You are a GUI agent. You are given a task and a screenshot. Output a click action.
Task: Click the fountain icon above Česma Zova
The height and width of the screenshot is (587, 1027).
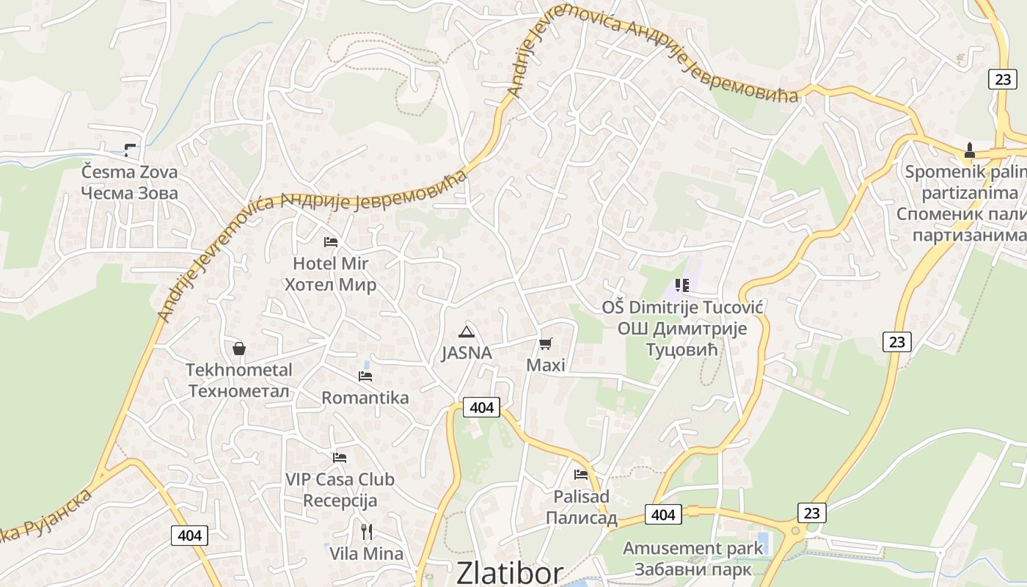click(130, 150)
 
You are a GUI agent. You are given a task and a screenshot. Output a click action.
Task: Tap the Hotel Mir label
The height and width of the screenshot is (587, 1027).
click(330, 263)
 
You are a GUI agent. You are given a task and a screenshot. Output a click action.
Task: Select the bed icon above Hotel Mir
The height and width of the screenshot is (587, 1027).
click(331, 241)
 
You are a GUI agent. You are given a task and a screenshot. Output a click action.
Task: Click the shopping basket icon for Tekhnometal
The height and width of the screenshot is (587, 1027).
click(238, 348)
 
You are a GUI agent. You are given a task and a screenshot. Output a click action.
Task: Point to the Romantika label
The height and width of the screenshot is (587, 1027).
click(365, 398)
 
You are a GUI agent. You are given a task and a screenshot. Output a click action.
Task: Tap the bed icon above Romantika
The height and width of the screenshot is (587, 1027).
click(365, 376)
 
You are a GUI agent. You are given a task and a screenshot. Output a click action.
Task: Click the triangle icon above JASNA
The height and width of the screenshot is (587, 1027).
click(467, 331)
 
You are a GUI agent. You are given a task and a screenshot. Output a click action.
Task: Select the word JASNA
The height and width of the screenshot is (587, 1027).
click(467, 353)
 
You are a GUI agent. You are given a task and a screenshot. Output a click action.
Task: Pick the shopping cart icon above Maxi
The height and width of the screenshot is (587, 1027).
click(545, 343)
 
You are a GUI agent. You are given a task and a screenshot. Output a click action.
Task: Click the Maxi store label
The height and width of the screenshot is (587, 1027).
click(546, 365)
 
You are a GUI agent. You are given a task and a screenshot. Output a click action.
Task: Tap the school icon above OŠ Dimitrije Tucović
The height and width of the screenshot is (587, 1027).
click(682, 285)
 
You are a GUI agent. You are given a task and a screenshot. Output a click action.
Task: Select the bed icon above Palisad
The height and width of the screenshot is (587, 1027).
click(581, 474)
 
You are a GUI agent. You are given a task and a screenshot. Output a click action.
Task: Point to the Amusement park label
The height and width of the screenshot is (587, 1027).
click(692, 548)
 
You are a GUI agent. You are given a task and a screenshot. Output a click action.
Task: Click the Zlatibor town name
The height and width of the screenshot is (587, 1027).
click(510, 572)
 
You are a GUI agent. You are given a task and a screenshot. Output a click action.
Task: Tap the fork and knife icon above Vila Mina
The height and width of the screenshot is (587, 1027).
click(366, 531)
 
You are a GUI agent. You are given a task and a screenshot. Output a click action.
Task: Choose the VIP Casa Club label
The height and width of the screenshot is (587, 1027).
click(340, 480)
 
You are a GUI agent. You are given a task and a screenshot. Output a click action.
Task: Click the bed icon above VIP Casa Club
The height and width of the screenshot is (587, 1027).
click(339, 457)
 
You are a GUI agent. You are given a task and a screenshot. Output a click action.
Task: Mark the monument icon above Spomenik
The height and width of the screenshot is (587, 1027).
click(970, 150)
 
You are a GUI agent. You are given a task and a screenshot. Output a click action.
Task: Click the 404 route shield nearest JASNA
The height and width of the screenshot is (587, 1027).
click(481, 407)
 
